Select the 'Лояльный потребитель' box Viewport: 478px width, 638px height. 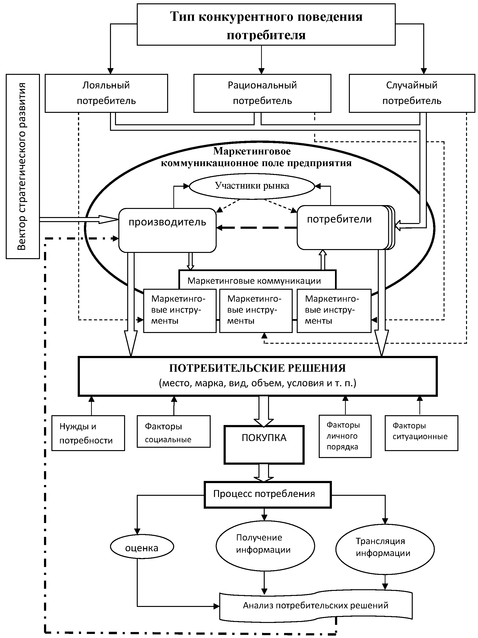106,93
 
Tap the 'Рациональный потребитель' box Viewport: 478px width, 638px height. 262,93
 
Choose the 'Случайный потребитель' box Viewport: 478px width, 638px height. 412,93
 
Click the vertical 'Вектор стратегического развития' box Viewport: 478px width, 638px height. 22,166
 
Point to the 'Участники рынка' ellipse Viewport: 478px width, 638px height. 252,186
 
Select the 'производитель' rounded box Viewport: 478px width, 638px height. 167,230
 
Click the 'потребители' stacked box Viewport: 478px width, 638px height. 343,227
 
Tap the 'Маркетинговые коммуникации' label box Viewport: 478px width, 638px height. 254,281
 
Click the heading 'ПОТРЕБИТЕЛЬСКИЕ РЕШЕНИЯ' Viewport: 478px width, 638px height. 257,368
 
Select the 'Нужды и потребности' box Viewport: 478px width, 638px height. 88,433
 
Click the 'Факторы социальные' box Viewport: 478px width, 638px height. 173,431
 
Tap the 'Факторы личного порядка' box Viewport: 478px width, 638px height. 345,436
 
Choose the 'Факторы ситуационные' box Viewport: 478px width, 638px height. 421,433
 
